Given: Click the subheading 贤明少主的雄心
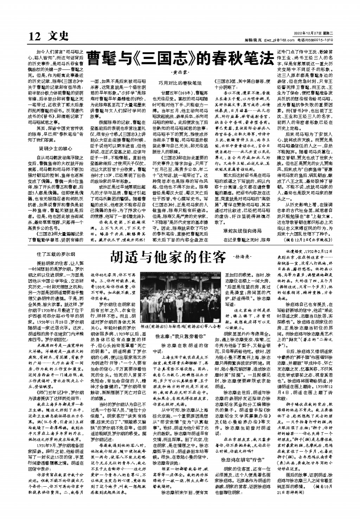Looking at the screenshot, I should (56, 148).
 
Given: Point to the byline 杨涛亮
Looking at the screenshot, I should (243, 258).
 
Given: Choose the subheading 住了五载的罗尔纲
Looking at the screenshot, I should (56, 254).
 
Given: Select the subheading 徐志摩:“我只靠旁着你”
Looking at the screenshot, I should (180, 336).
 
